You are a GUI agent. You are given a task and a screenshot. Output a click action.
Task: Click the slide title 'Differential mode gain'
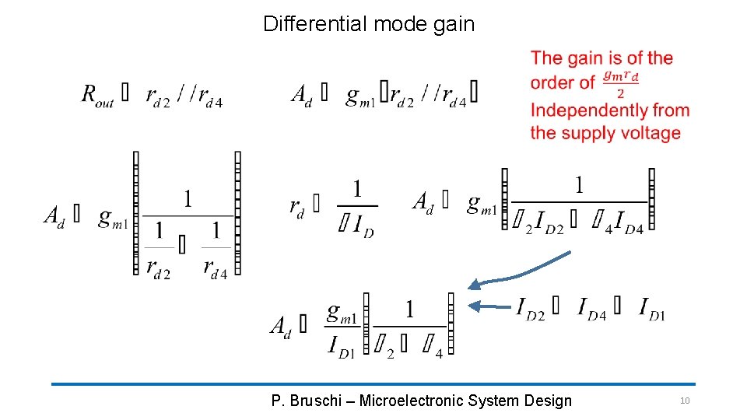click(x=368, y=24)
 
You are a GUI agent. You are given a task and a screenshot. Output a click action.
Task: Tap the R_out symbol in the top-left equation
click(x=97, y=95)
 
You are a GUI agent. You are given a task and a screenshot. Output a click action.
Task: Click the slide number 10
click(x=685, y=401)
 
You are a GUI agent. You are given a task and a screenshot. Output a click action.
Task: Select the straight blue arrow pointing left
click(x=489, y=306)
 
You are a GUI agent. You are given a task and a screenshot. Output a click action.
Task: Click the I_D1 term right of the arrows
click(x=652, y=309)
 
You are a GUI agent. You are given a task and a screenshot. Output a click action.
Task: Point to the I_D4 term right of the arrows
click(x=591, y=309)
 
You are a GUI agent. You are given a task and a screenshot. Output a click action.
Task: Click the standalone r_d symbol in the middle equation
click(x=296, y=206)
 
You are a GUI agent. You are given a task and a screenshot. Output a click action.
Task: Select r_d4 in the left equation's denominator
click(x=215, y=267)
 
